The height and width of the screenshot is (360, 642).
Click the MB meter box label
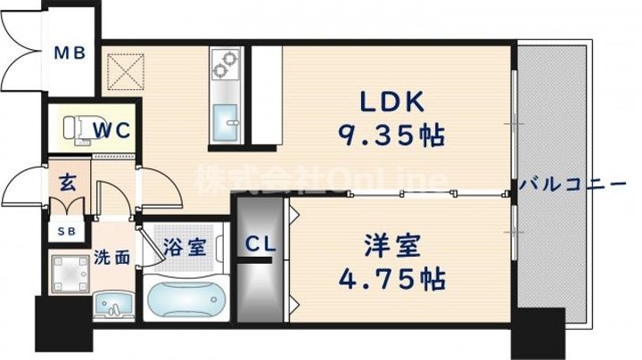point(70,53)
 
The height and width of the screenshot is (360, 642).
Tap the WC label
point(111,130)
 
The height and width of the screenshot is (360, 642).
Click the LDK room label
point(391,101)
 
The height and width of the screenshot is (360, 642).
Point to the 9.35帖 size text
point(391,135)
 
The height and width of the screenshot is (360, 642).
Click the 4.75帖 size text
point(391,279)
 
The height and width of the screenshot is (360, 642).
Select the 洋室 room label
point(392,245)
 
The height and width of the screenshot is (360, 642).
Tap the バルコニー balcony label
point(572,184)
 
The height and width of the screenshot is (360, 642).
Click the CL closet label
point(260,245)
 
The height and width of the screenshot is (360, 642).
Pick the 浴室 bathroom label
point(185,247)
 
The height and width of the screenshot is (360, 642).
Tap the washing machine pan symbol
point(70,274)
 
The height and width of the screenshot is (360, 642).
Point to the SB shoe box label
point(66,232)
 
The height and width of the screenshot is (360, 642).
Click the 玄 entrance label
point(67,183)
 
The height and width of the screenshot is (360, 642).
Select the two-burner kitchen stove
point(226,64)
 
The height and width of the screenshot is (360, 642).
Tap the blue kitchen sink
point(226,121)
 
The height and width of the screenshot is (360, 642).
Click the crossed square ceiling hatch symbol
point(126,71)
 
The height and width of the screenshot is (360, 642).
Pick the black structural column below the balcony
point(538,333)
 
